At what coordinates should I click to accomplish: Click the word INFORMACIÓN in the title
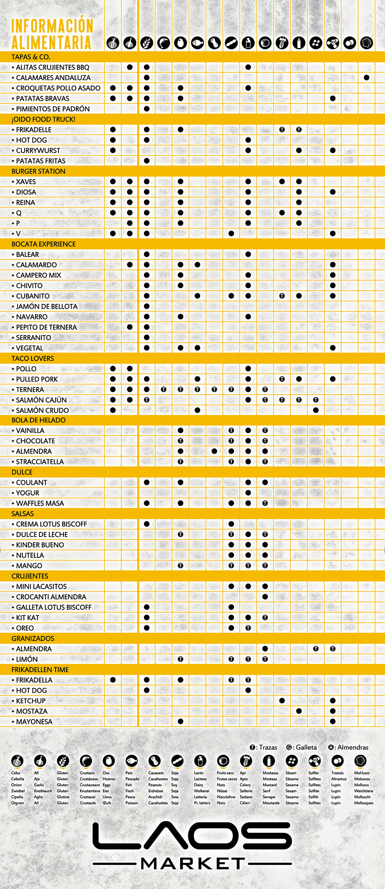tap(52, 26)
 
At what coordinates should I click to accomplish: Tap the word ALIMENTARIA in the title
tap(51, 42)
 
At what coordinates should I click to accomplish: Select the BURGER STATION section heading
tap(38, 171)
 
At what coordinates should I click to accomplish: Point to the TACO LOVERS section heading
tap(33, 359)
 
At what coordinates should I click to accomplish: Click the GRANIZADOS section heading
tap(33, 638)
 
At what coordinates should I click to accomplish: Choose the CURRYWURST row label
tap(38, 150)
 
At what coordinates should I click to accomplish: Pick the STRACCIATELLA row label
tap(40, 462)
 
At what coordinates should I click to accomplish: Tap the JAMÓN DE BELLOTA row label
tap(47, 307)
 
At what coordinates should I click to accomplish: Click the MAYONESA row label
tap(34, 722)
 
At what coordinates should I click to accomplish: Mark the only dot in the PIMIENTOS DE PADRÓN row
tap(147, 109)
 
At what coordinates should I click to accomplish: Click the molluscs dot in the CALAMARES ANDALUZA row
tap(367, 78)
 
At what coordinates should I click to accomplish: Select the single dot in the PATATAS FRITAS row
tap(147, 161)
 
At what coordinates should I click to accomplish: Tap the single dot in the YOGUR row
tap(248, 493)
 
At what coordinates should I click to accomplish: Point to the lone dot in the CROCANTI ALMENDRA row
tap(265, 597)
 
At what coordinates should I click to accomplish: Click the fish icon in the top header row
tap(198, 43)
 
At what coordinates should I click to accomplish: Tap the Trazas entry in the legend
tap(264, 747)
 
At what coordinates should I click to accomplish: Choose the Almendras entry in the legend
tap(348, 747)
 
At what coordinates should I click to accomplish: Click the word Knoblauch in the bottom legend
tap(43, 791)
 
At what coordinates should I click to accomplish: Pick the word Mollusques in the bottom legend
tap(363, 803)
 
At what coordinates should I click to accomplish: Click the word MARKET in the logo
tap(192, 864)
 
